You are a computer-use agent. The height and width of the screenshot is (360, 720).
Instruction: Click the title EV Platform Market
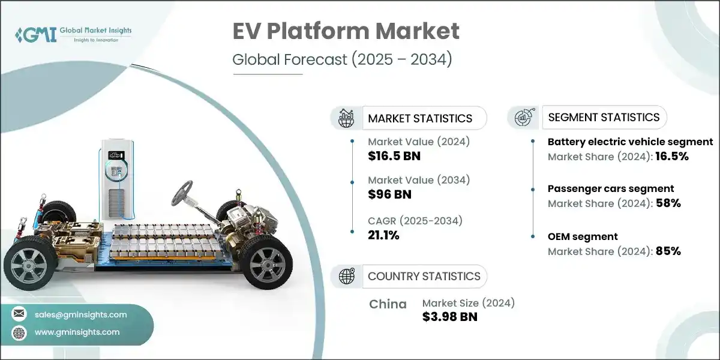point(346,32)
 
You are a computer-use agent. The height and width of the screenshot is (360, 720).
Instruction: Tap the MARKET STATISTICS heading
point(420,118)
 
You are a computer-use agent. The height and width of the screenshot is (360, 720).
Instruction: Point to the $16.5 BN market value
point(394,157)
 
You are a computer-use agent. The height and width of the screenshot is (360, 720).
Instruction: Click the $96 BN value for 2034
point(389,194)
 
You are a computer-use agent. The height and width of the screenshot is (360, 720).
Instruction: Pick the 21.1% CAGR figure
point(384,235)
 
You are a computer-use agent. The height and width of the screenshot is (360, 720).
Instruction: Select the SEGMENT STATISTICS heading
point(604,117)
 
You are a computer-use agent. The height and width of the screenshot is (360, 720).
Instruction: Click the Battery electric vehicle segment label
point(630,142)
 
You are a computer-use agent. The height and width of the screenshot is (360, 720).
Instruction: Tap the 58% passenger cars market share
point(668,203)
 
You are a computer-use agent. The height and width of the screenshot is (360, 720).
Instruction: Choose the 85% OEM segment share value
point(668,251)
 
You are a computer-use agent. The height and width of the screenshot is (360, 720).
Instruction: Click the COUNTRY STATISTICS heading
point(424,277)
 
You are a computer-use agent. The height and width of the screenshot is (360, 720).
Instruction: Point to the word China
point(388,304)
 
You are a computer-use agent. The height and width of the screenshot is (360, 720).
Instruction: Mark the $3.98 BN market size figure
point(450,317)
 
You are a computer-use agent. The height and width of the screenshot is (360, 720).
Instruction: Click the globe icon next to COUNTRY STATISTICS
point(346,277)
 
